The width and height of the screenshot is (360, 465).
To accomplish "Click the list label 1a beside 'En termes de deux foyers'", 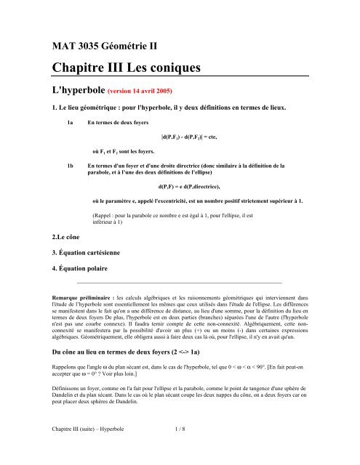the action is [70, 124].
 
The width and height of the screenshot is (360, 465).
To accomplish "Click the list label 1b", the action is [70, 166].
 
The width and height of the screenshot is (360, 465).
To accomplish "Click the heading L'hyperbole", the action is [76, 93].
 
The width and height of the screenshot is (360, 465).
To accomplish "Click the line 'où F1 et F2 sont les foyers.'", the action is [127, 151].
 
